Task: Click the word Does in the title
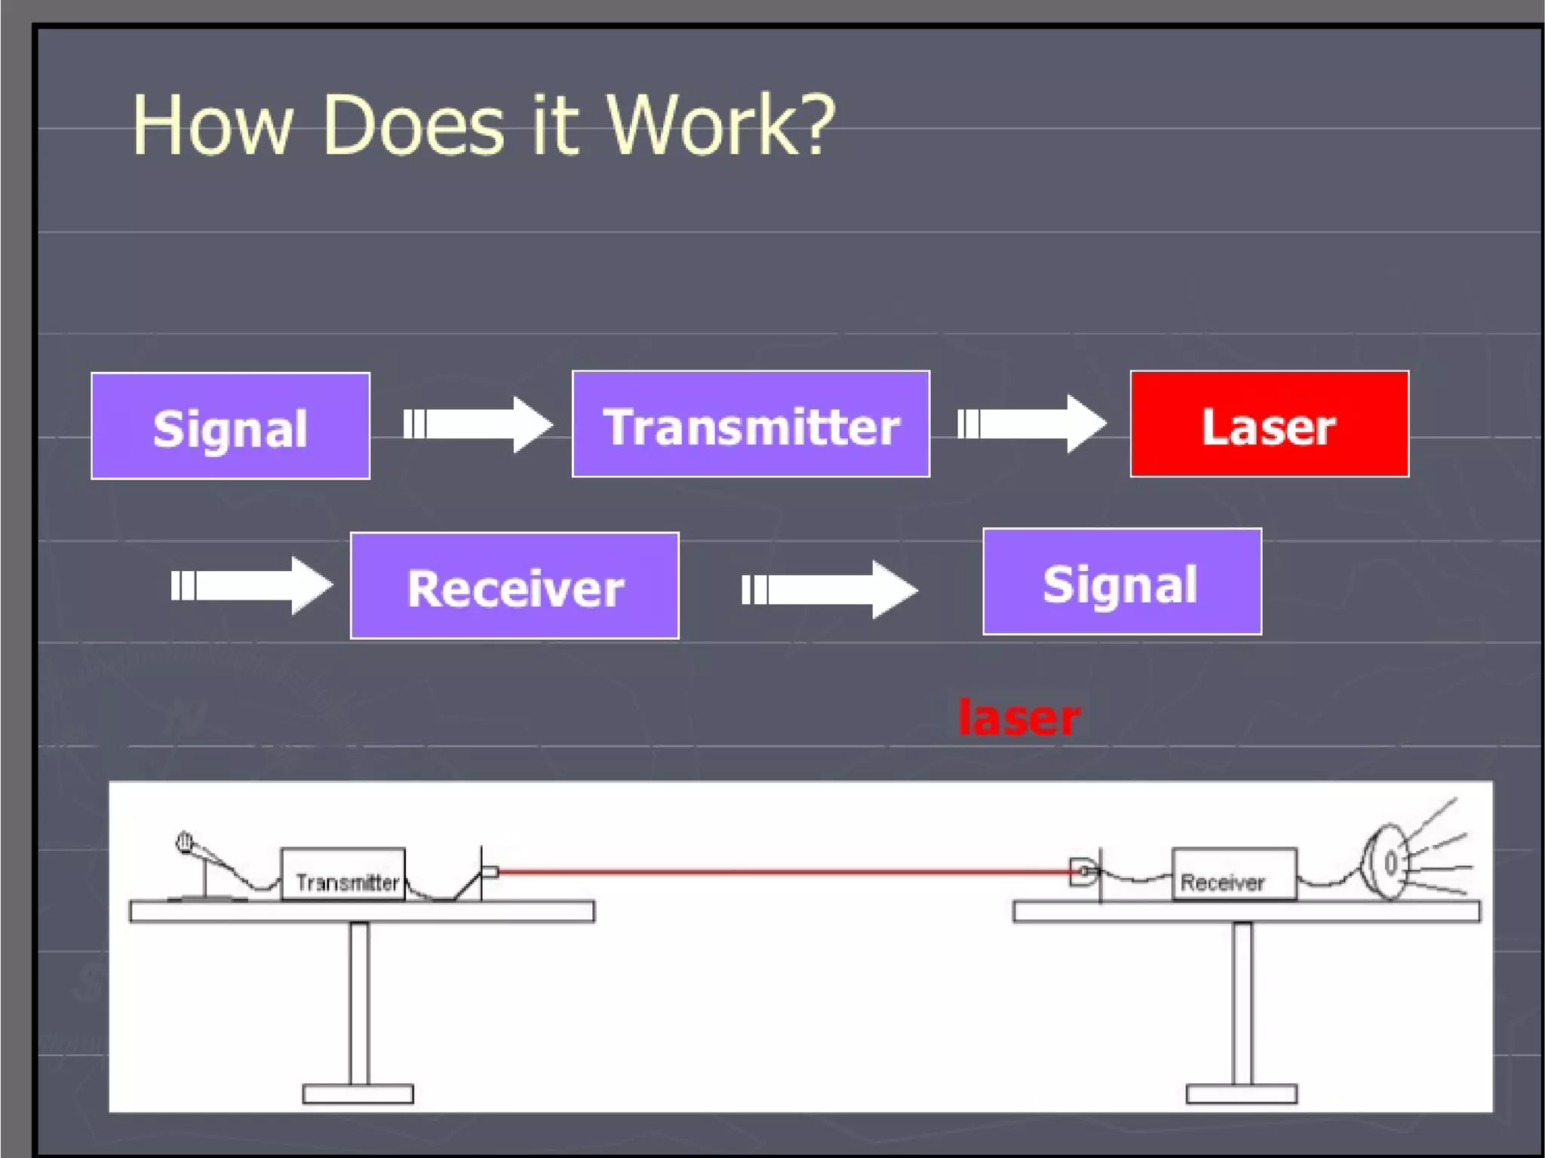pyautogui.click(x=413, y=125)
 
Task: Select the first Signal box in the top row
pyautogui.click(x=230, y=426)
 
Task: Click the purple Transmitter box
pyautogui.click(x=751, y=425)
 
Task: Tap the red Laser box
pyautogui.click(x=1269, y=425)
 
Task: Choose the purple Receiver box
pyautogui.click(x=514, y=586)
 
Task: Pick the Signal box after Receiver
pyautogui.click(x=1122, y=582)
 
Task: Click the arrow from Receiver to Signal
pyautogui.click(x=829, y=589)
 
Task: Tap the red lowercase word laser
pyautogui.click(x=1018, y=717)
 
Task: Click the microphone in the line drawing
pyautogui.click(x=186, y=843)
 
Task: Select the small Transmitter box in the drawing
pyautogui.click(x=343, y=874)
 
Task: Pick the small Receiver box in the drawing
pyautogui.click(x=1234, y=874)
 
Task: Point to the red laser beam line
pyautogui.click(x=785, y=871)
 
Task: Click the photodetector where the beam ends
pyautogui.click(x=1083, y=872)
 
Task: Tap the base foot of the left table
pyautogui.click(x=358, y=1094)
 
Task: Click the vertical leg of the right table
pyautogui.click(x=1242, y=1003)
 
